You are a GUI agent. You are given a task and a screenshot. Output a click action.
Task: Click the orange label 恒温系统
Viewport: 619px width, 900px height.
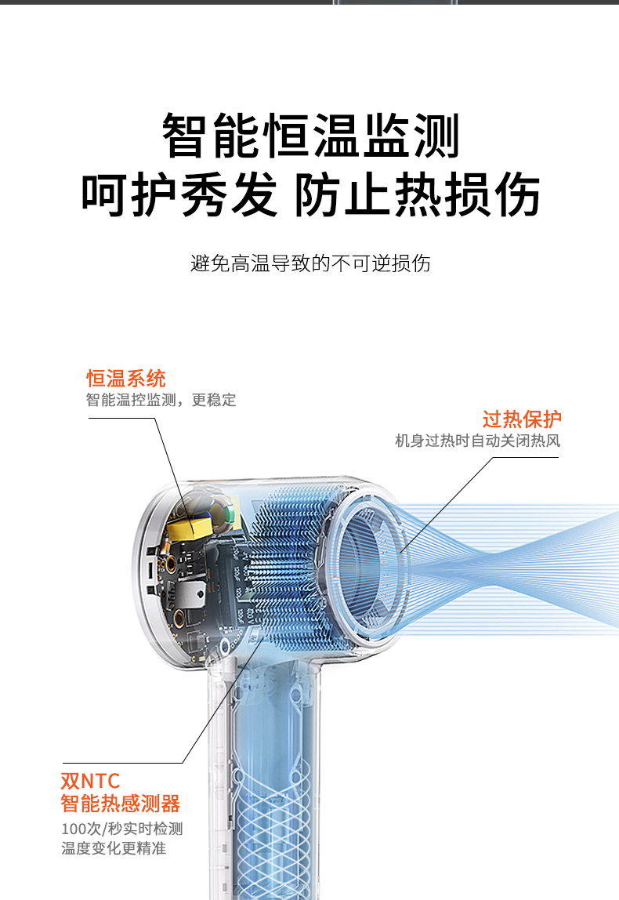(x=126, y=379)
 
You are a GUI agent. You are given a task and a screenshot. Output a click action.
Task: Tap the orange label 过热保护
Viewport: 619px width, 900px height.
(x=522, y=419)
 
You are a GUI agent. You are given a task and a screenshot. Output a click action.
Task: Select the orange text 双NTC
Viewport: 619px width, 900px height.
(x=91, y=781)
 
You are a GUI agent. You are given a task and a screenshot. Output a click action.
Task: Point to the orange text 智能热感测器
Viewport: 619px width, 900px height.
(x=121, y=804)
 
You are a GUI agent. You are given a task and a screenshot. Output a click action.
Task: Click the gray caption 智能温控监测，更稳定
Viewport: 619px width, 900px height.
(x=161, y=400)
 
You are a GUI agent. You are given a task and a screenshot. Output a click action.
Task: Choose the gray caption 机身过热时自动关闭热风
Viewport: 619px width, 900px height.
(x=478, y=441)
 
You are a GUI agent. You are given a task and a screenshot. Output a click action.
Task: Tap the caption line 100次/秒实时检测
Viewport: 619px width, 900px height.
(x=122, y=829)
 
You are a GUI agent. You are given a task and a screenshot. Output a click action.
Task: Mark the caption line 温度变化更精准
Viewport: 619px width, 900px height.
(x=114, y=848)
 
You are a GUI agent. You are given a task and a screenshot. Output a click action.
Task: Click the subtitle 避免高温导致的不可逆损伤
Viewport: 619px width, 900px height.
(x=310, y=263)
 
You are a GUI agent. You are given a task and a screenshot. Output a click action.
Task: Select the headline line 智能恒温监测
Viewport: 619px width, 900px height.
(x=310, y=136)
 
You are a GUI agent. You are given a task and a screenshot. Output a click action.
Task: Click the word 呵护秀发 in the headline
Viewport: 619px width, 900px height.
(x=179, y=194)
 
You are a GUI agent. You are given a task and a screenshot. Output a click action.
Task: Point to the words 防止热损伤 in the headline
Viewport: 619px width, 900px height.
(x=417, y=194)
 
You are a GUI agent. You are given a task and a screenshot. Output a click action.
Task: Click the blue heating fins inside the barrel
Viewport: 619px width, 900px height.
(x=286, y=568)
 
